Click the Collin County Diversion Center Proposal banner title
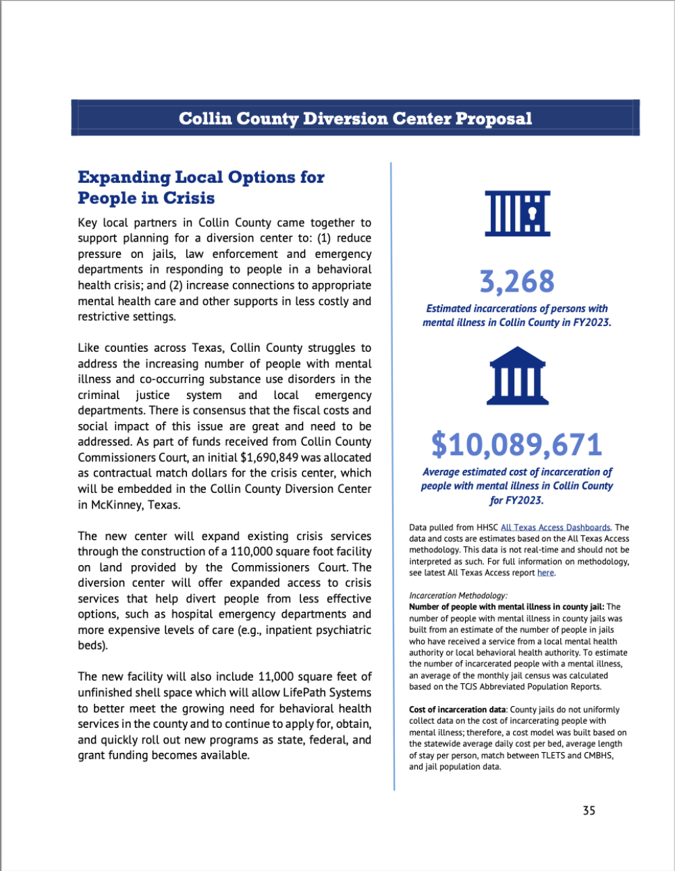coord(355,119)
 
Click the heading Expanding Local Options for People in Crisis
coord(200,188)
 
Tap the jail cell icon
coord(518,213)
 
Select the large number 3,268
coord(517,282)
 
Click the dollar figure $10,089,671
coord(517,444)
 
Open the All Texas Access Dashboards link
coord(556,527)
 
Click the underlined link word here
coord(545,573)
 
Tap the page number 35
coord(589,810)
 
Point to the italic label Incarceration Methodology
coord(458,596)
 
